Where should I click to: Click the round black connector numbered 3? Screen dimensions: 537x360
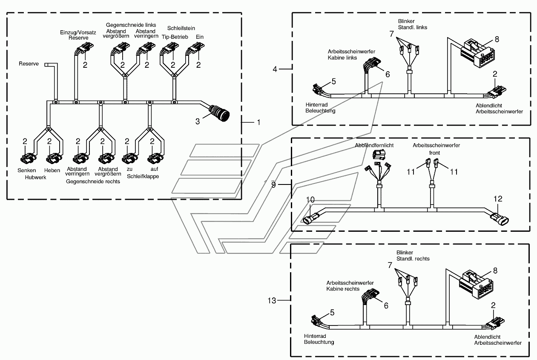click(219, 113)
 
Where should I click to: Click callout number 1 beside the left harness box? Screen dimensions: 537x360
click(258, 122)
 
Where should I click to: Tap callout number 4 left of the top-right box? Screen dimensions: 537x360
click(275, 69)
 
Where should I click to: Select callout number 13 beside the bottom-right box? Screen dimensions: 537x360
click(272, 300)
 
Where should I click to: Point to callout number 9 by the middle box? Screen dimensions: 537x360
click(273, 184)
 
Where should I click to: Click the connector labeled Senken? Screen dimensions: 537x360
click(28, 158)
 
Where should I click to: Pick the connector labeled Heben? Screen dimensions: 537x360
click(54, 158)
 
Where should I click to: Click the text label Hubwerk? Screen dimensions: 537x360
click(35, 178)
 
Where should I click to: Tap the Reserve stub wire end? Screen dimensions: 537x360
click(46, 65)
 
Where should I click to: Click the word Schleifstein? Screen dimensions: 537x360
click(181, 28)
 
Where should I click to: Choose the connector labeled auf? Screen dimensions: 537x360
click(155, 158)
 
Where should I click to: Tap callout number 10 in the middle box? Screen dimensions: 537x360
click(310, 200)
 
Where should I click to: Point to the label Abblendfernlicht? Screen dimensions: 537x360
click(374, 145)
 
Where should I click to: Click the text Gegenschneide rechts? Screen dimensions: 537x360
click(93, 181)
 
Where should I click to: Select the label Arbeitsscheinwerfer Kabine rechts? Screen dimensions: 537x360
click(350, 286)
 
